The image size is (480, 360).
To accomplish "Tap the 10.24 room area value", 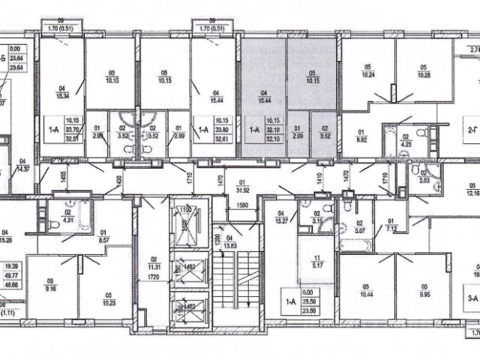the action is tap(367, 74).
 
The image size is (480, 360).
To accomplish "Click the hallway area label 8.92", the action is tap(360, 139).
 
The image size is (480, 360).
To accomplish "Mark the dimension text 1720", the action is tap(153, 277).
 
